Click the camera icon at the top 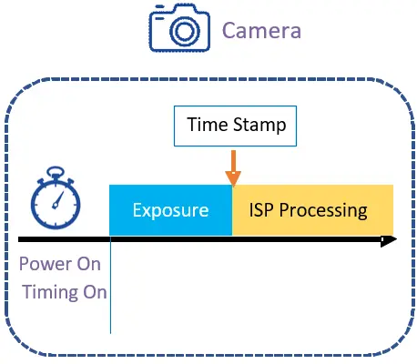coord(179,28)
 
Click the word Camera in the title coord(261,30)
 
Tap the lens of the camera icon coord(185,31)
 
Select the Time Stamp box coord(235,126)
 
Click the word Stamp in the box coord(259,125)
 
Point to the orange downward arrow coord(233,168)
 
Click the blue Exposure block coord(170,209)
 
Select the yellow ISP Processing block coord(312,209)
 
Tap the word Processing coord(323,211)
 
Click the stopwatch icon coord(56,197)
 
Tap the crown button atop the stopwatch coord(56,172)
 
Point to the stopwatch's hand coord(57,200)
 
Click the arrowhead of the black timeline coord(389,239)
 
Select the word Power coord(45,264)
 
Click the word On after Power coord(88,264)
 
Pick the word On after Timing coord(95,292)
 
